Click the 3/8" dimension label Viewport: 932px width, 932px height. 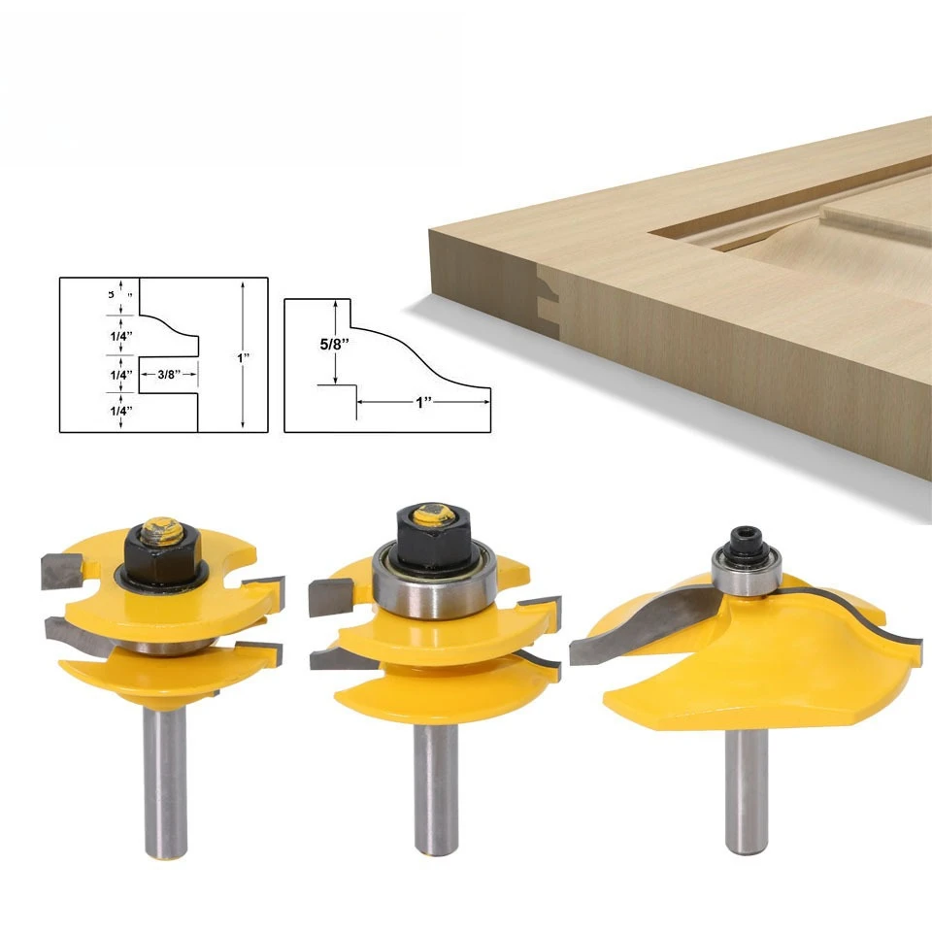164,373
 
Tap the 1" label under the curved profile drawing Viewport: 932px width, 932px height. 423,401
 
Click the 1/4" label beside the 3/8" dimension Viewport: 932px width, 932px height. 121,374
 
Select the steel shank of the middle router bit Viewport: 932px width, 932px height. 436,786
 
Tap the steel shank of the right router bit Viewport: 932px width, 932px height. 749,786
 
